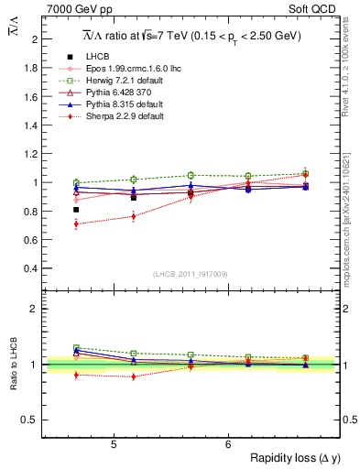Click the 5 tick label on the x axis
coord(113,444)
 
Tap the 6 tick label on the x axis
coord(227,444)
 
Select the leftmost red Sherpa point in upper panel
coord(76,224)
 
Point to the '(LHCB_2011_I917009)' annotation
coord(190,274)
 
